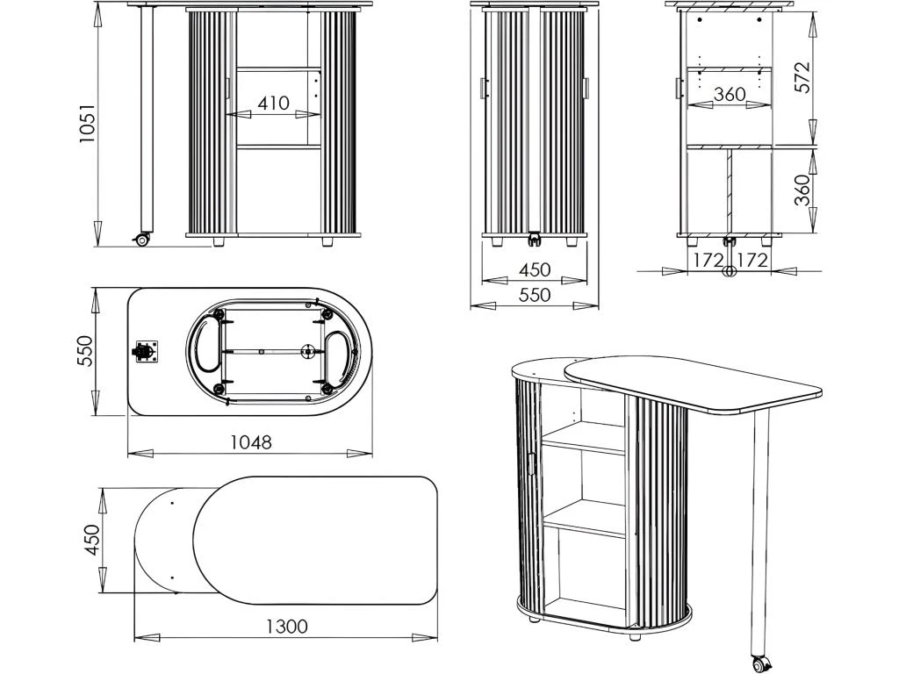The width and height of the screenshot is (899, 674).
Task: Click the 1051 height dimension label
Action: point(87,123)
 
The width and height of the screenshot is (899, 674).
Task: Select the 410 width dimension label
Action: point(274,104)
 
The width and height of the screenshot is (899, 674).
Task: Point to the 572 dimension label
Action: point(804,77)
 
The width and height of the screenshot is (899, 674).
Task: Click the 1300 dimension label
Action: point(287,627)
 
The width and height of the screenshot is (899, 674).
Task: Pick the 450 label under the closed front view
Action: point(535,269)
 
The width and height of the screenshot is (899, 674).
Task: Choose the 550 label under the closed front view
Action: point(535,295)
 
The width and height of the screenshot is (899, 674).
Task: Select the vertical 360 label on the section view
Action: point(803,190)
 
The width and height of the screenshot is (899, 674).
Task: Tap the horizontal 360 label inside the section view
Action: point(730,94)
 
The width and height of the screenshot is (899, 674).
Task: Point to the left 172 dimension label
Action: point(708,260)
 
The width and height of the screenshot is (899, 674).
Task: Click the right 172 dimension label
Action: point(752,260)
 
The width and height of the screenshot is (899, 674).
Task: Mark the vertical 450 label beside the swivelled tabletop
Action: point(91,540)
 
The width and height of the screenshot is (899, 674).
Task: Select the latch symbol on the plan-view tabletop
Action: point(145,352)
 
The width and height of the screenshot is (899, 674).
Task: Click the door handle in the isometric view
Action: point(531,463)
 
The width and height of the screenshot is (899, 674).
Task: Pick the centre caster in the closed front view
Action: point(535,239)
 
